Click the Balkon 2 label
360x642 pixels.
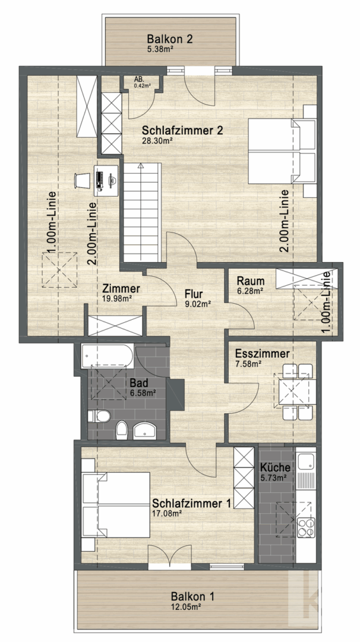click(169, 39)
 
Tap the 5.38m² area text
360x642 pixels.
click(160, 49)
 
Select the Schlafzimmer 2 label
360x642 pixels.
click(182, 131)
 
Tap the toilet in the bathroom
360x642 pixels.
click(100, 416)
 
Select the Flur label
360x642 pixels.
click(194, 293)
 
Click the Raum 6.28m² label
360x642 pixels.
click(250, 285)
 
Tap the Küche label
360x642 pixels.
click(275, 467)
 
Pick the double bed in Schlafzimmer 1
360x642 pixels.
click(116, 505)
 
